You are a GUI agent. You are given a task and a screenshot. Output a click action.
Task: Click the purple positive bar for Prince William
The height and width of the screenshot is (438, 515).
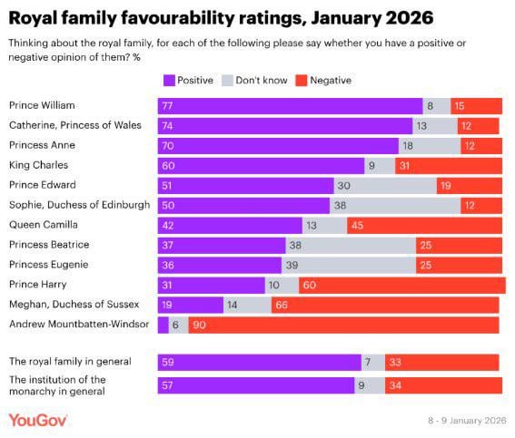pyautogui.click(x=290, y=106)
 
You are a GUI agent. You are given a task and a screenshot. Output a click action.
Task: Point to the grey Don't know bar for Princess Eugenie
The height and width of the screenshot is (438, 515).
pyautogui.click(x=348, y=264)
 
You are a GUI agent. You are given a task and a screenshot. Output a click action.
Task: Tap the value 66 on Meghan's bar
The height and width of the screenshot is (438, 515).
pyautogui.click(x=281, y=305)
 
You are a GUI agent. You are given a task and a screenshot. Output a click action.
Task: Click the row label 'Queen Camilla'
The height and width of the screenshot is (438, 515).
pyautogui.click(x=43, y=224)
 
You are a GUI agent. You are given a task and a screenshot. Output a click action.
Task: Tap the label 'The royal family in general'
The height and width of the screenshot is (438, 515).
pyautogui.click(x=70, y=361)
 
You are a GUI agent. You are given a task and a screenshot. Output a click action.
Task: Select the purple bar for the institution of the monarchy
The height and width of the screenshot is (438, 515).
pyautogui.click(x=255, y=384)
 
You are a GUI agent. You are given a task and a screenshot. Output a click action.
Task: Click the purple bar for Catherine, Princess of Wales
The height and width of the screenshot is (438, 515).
pyautogui.click(x=284, y=126)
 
